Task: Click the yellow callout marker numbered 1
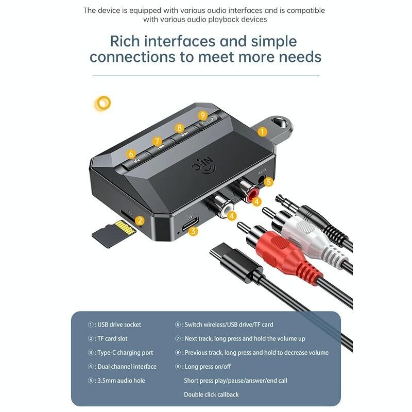(x=262, y=132)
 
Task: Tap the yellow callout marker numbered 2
(x=140, y=220)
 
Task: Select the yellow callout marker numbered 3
(x=193, y=231)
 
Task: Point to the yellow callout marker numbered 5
(x=268, y=182)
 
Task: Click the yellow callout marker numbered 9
(x=202, y=115)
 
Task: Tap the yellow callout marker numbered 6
(x=131, y=154)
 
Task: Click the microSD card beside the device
(x=113, y=234)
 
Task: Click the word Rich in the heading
(x=125, y=41)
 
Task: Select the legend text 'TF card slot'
(x=112, y=338)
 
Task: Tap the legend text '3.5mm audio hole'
(x=121, y=381)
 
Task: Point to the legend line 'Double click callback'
(x=211, y=394)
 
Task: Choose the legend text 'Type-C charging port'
(x=125, y=353)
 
